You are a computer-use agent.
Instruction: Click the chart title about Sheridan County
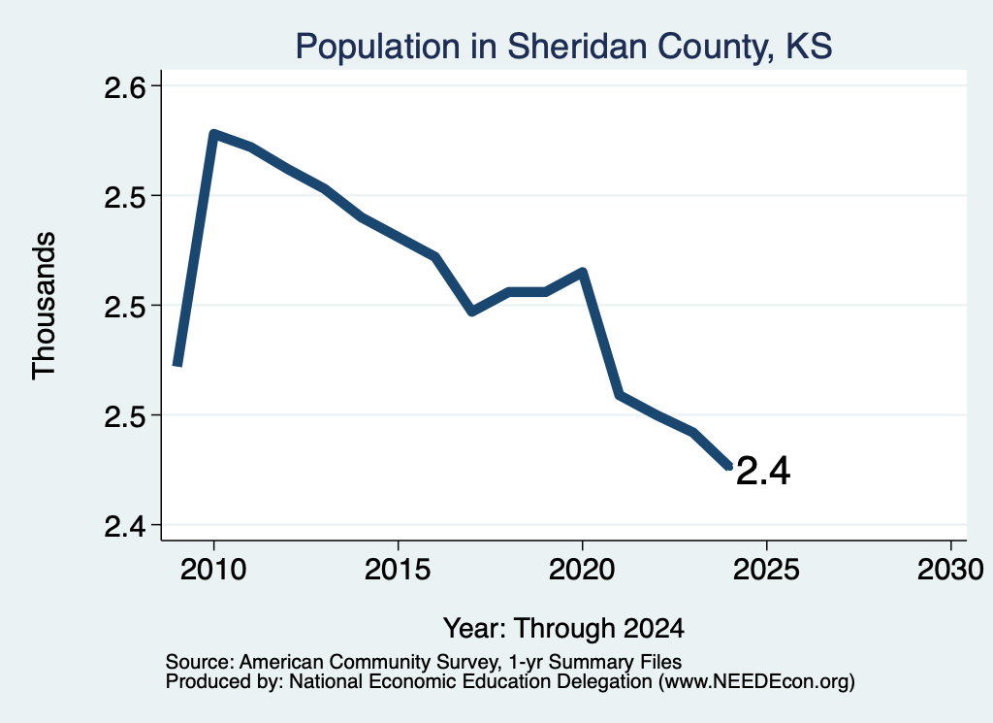pyautogui.click(x=563, y=47)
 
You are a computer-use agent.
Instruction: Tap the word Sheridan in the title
pyautogui.click(x=578, y=46)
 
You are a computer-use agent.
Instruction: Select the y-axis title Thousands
pyautogui.click(x=44, y=306)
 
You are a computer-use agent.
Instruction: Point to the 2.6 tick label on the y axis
pyautogui.click(x=125, y=86)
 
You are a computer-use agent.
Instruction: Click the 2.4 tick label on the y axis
pyautogui.click(x=125, y=526)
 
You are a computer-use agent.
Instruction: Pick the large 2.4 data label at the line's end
pyautogui.click(x=763, y=471)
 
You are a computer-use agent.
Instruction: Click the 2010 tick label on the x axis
pyautogui.click(x=213, y=569)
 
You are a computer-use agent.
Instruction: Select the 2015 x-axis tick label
pyautogui.click(x=398, y=569)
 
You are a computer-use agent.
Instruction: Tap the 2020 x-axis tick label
pyautogui.click(x=582, y=569)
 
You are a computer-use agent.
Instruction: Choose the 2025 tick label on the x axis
pyautogui.click(x=766, y=569)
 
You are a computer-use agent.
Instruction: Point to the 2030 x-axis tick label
pyautogui.click(x=950, y=569)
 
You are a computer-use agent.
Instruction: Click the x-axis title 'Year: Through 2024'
pyautogui.click(x=563, y=628)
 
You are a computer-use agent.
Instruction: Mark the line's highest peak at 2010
pyautogui.click(x=213, y=134)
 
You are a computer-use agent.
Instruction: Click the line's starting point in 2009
pyautogui.click(x=178, y=364)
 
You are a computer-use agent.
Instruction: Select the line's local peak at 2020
pyautogui.click(x=583, y=273)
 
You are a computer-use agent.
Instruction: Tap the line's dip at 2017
pyautogui.click(x=472, y=312)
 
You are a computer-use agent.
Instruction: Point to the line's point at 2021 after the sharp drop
pyautogui.click(x=620, y=394)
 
